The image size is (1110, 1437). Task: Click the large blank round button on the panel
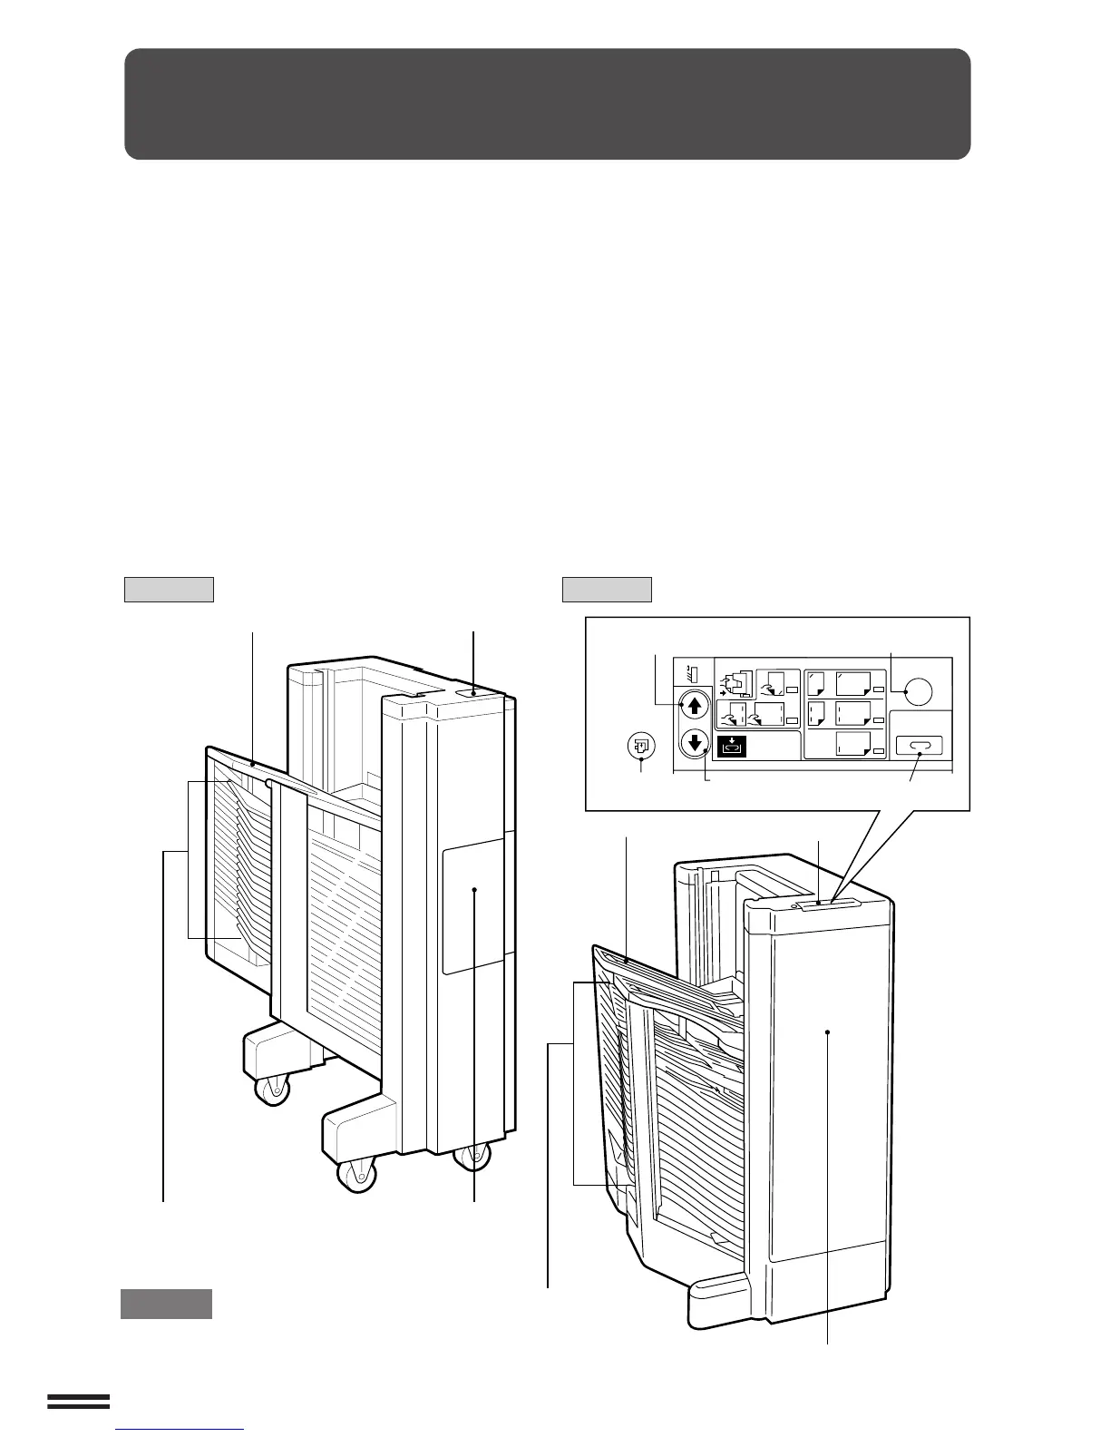coord(918,691)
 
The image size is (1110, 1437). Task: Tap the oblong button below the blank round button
coord(920,746)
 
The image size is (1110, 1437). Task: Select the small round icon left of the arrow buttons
coord(641,746)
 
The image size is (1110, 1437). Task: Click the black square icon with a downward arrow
coord(732,747)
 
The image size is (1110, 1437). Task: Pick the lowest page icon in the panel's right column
coord(852,745)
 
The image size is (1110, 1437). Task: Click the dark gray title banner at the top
coord(547,104)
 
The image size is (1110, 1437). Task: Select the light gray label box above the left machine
coord(169,590)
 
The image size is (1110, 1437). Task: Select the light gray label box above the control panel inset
coord(607,590)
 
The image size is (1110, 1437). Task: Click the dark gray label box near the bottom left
coord(166,1304)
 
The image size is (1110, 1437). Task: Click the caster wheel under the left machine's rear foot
coord(272,1089)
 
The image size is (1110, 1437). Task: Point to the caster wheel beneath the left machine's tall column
coord(472,1156)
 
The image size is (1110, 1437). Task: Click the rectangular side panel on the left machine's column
coord(472,904)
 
